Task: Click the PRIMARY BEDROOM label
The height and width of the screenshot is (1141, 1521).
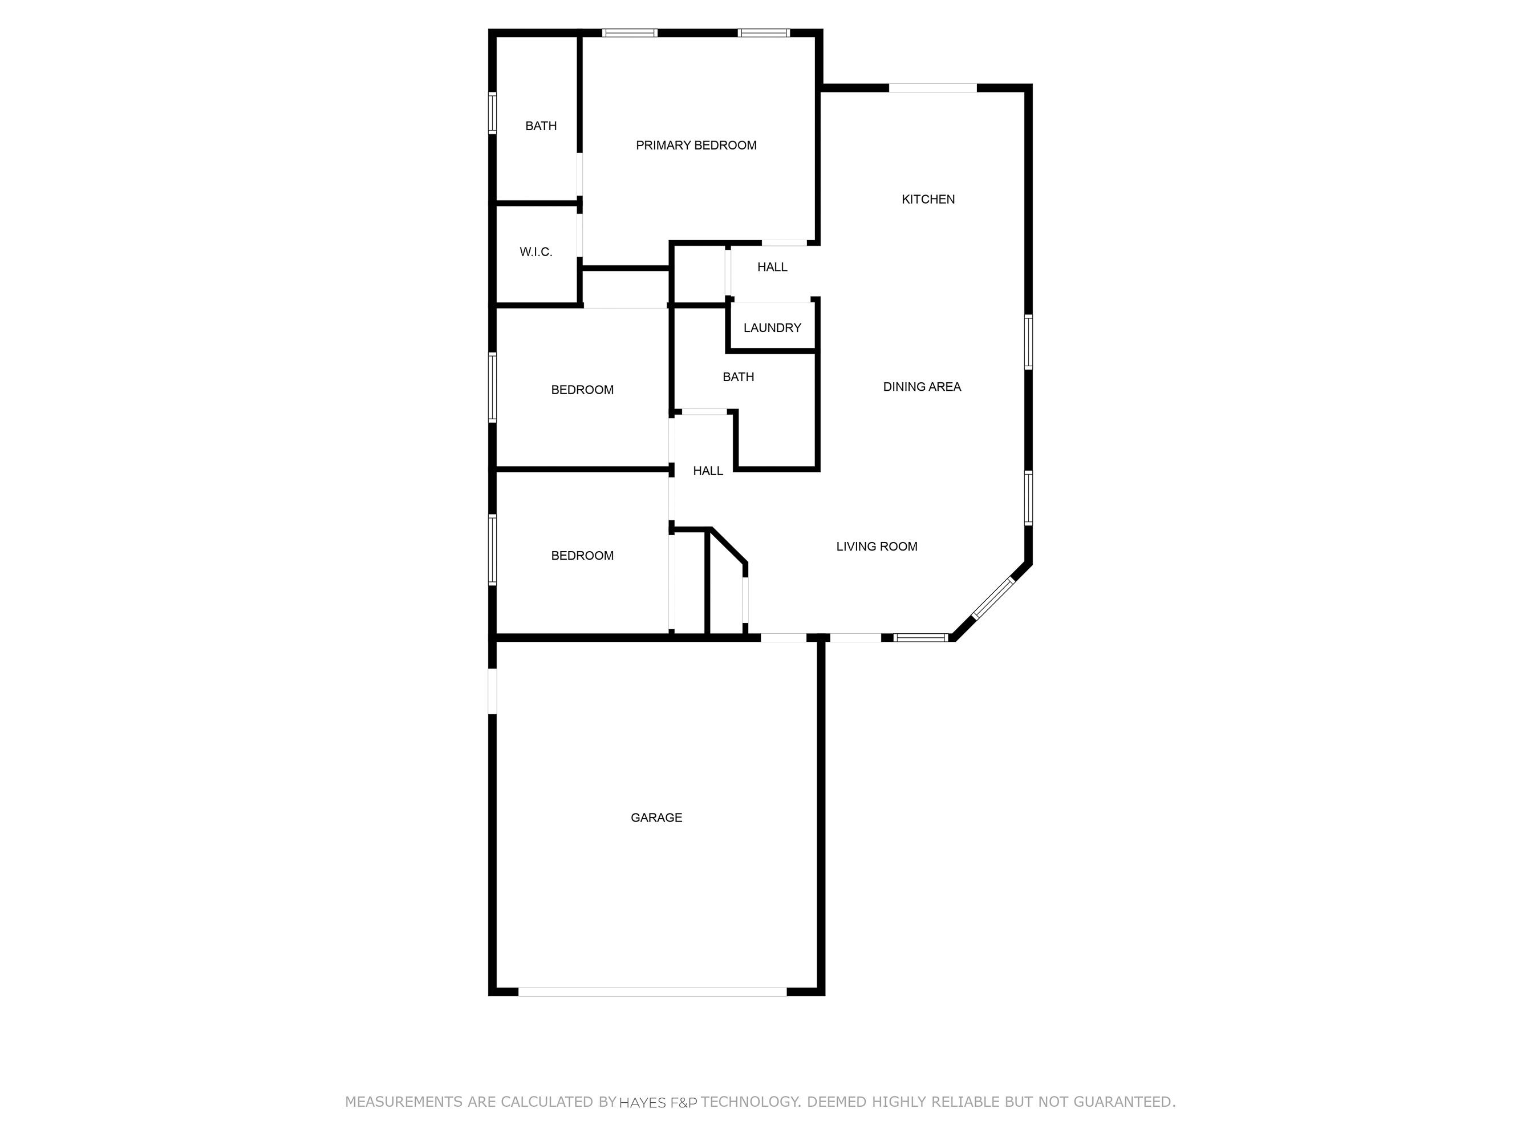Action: (x=696, y=145)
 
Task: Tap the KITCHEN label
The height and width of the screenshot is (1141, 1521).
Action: (x=927, y=200)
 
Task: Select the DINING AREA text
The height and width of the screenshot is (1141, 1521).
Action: (x=922, y=387)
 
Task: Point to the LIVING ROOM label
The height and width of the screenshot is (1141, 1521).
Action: (x=876, y=547)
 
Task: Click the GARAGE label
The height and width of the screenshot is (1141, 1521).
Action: (x=656, y=818)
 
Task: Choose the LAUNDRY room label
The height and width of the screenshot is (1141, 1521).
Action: (x=772, y=328)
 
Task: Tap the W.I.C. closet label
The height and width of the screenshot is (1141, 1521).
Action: (x=536, y=252)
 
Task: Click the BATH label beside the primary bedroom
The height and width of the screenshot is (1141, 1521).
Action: (x=541, y=126)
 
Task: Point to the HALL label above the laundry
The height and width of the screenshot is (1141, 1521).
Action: (x=772, y=267)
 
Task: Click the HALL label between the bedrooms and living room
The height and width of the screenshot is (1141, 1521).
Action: (x=708, y=471)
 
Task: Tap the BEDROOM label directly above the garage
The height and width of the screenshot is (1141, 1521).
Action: (x=582, y=556)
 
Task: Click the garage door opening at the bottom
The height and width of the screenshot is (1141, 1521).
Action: (x=652, y=992)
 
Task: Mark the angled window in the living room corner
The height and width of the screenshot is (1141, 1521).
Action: (x=992, y=598)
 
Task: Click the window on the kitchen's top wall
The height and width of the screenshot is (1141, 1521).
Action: (x=932, y=88)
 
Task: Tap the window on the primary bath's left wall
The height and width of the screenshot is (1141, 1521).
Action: (x=492, y=112)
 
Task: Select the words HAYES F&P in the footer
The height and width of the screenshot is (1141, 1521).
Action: (x=658, y=1102)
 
